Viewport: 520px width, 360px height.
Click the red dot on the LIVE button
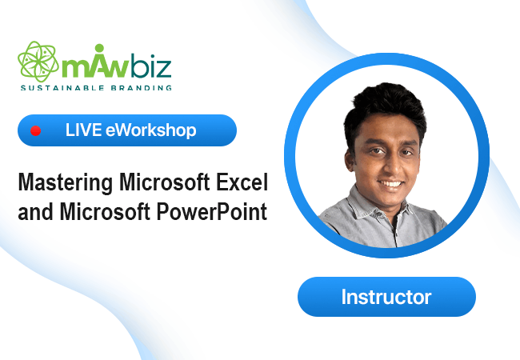35,131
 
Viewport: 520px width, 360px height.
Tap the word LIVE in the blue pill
83,130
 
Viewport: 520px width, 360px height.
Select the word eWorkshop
151,130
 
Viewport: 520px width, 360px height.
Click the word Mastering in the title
66,183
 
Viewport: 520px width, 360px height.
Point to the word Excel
242,182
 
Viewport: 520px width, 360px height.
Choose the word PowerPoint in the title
211,212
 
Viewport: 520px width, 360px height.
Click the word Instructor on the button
386,297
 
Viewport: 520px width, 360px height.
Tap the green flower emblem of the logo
38,62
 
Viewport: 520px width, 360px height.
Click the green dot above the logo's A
99,48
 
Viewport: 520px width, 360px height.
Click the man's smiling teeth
391,183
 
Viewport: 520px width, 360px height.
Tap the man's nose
391,166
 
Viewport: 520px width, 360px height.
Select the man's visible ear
349,159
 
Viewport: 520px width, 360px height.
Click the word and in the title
35,212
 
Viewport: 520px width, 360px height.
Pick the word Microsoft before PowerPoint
105,211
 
